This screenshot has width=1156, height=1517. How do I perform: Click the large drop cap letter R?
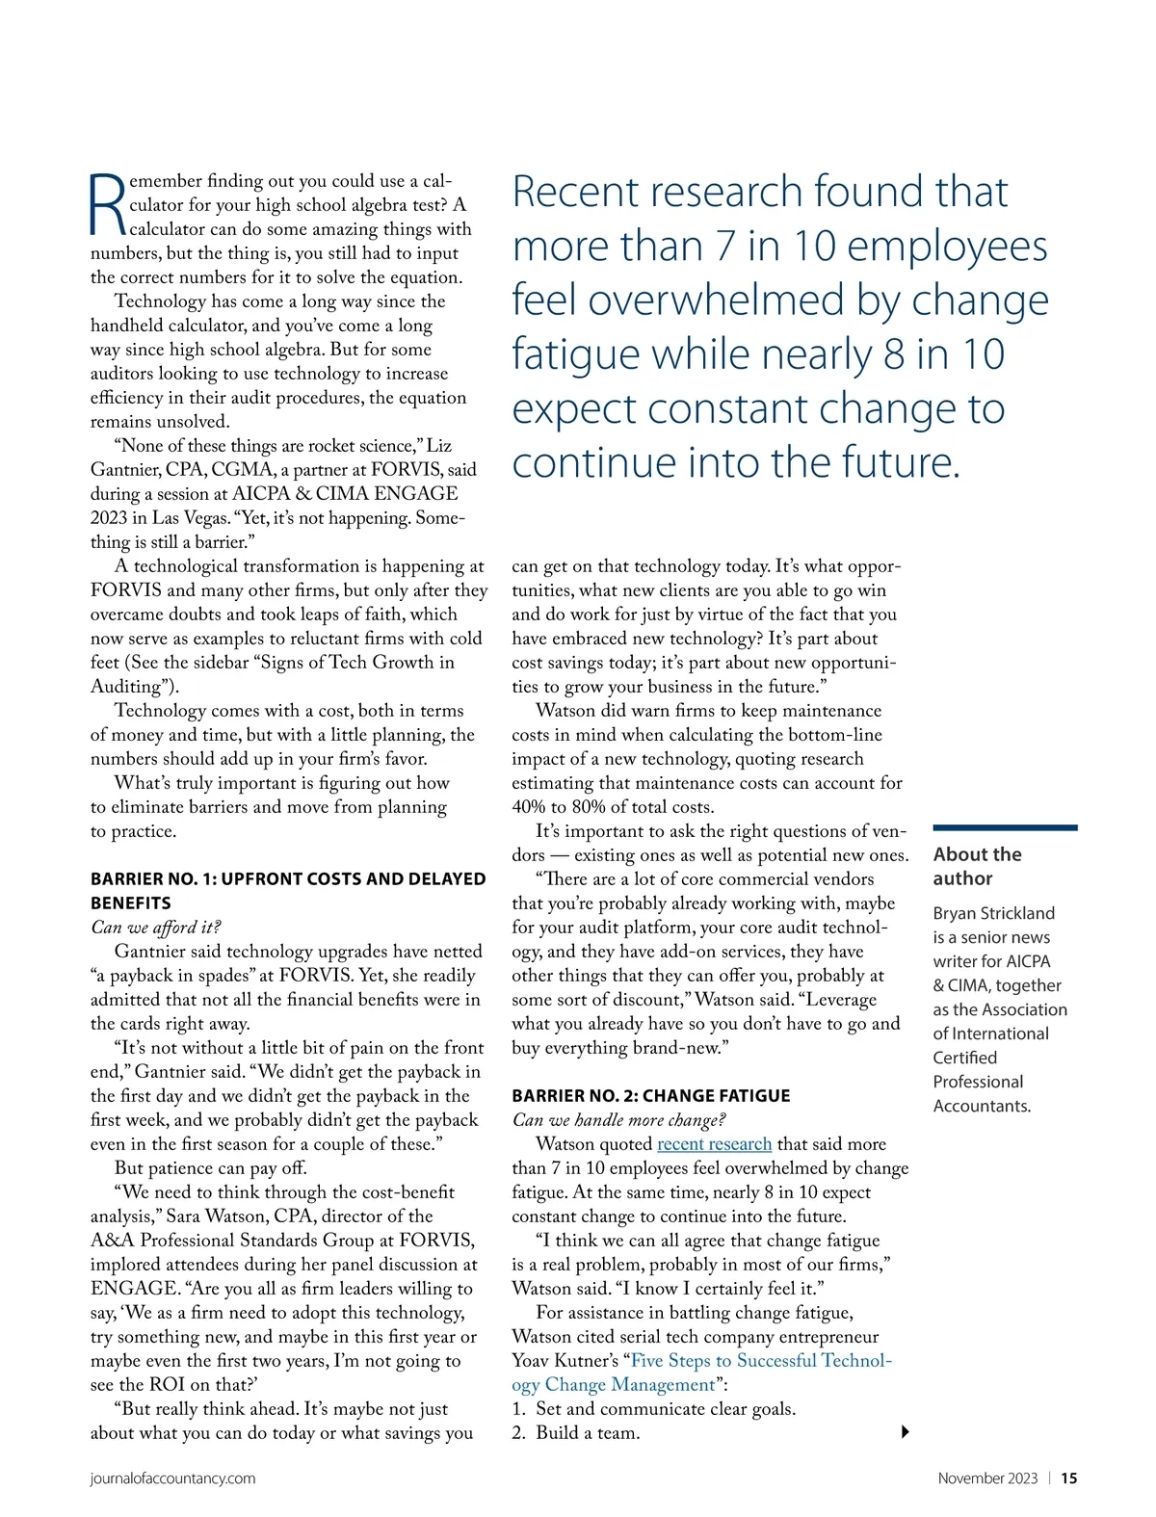107,204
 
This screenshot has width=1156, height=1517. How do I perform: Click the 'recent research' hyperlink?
714,1144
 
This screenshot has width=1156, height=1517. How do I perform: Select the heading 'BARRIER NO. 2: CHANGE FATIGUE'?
650,1096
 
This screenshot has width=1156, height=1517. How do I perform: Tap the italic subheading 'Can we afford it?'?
155,928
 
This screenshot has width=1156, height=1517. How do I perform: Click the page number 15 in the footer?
1069,1478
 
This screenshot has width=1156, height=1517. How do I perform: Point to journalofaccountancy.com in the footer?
172,1478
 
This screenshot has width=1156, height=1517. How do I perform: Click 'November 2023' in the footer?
987,1478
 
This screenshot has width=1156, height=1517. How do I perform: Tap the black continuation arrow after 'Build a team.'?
905,1432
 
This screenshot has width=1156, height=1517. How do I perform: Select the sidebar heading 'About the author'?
977,866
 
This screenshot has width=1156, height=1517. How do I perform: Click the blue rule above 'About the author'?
1005,827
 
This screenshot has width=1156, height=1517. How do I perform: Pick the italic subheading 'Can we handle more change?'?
618,1120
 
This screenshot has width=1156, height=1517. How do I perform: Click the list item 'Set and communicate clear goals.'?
665,1409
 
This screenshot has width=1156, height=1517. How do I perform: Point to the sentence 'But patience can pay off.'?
210,1168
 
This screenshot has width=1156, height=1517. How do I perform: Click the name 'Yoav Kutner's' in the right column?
566,1361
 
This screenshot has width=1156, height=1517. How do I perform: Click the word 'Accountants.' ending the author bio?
981,1106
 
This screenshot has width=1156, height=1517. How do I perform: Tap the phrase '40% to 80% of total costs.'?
613,807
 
